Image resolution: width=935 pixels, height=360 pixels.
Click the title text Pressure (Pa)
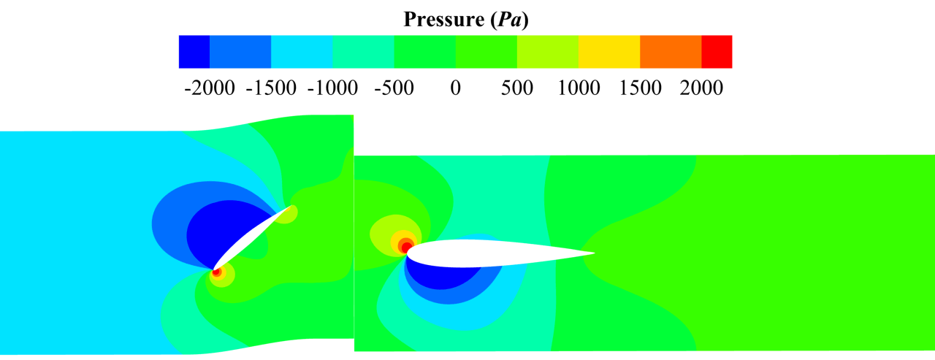coord(465,20)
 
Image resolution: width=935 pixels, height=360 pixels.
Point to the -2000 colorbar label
coord(210,88)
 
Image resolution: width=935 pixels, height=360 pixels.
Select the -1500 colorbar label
coord(271,88)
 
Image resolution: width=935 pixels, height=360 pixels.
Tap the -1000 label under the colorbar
coord(332,88)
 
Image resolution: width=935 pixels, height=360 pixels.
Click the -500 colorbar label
coord(394,88)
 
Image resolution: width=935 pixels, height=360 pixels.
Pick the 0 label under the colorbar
coord(455,88)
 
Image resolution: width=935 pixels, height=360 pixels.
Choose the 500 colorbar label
coord(517,88)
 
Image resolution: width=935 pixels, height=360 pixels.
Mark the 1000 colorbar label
coord(579,88)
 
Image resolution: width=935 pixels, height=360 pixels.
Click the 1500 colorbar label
coord(640,88)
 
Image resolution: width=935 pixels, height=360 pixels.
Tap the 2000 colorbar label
coord(701,88)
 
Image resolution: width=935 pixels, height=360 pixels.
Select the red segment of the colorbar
coord(717,52)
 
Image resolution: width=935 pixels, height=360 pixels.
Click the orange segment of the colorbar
coord(671,52)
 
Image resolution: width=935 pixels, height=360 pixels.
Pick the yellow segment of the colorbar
coord(609,52)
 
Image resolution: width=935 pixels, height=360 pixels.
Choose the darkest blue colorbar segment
coord(194,52)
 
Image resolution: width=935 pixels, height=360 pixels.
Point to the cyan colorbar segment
coord(302,52)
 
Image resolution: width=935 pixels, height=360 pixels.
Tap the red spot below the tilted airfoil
coord(216,272)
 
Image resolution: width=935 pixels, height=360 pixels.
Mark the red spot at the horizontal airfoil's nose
coord(406,247)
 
